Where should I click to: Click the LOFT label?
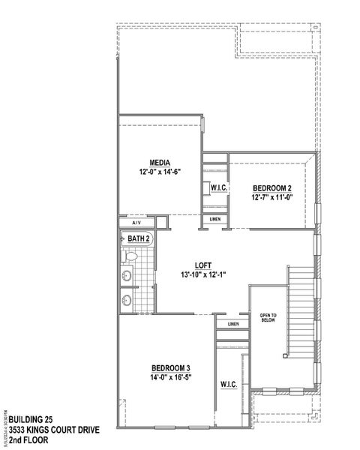pos(202,265)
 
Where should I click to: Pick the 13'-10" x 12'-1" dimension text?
pos(202,274)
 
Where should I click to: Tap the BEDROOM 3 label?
pos(171,367)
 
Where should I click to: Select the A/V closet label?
pos(136,223)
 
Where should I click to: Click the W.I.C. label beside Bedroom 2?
pos(219,187)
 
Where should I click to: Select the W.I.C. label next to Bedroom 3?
pos(229,385)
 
